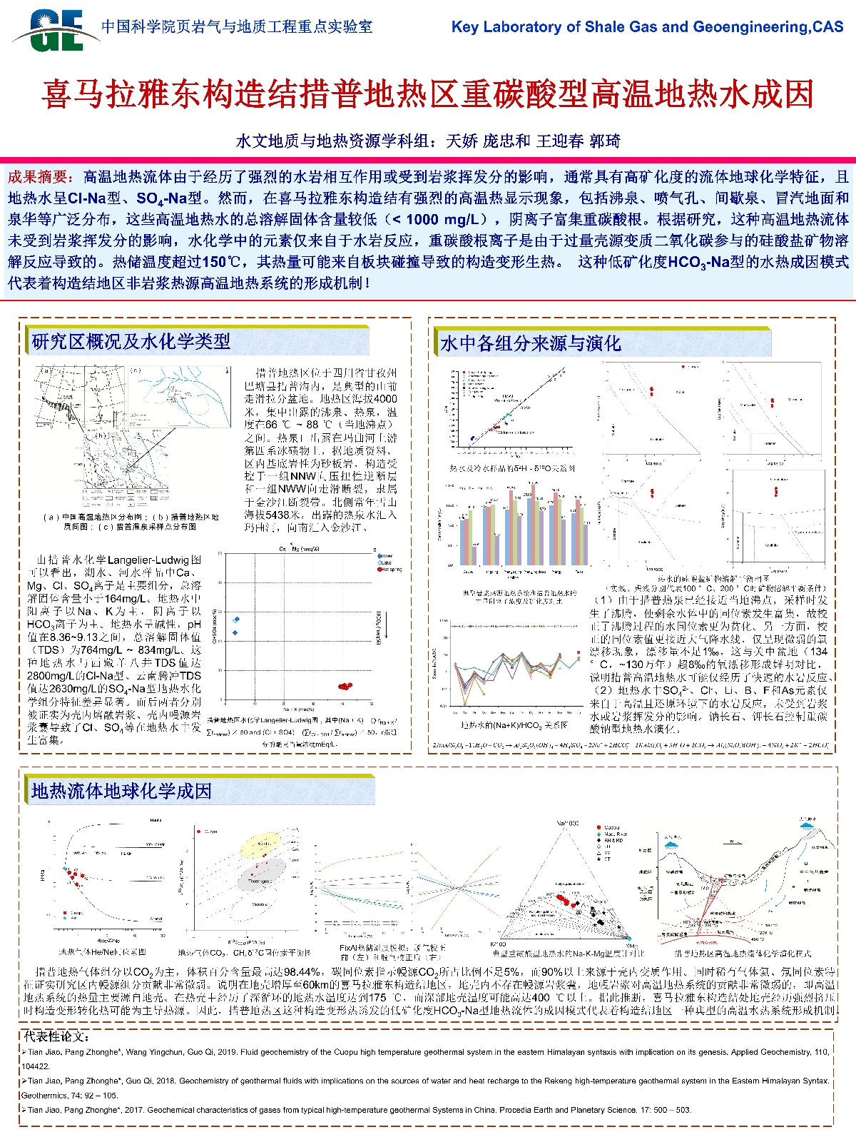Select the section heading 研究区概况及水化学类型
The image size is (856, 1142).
click(x=131, y=341)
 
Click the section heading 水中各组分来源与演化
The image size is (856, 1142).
click(x=530, y=343)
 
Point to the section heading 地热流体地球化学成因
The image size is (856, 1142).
click(x=121, y=791)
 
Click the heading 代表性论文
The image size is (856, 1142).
click(x=57, y=1036)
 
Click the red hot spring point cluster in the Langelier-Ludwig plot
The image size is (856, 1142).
click(x=345, y=686)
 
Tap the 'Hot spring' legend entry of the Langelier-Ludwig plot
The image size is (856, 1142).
click(x=391, y=570)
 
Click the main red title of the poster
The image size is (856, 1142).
click(x=428, y=94)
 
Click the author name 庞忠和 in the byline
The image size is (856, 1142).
click(x=506, y=141)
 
